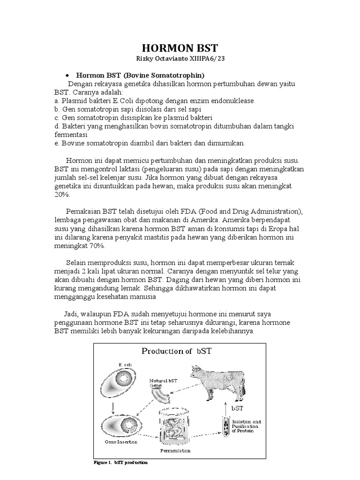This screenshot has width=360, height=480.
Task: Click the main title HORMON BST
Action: pos(180,48)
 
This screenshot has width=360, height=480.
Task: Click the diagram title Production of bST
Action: pos(180,352)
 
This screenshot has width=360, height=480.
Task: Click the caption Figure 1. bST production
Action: pos(121,462)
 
